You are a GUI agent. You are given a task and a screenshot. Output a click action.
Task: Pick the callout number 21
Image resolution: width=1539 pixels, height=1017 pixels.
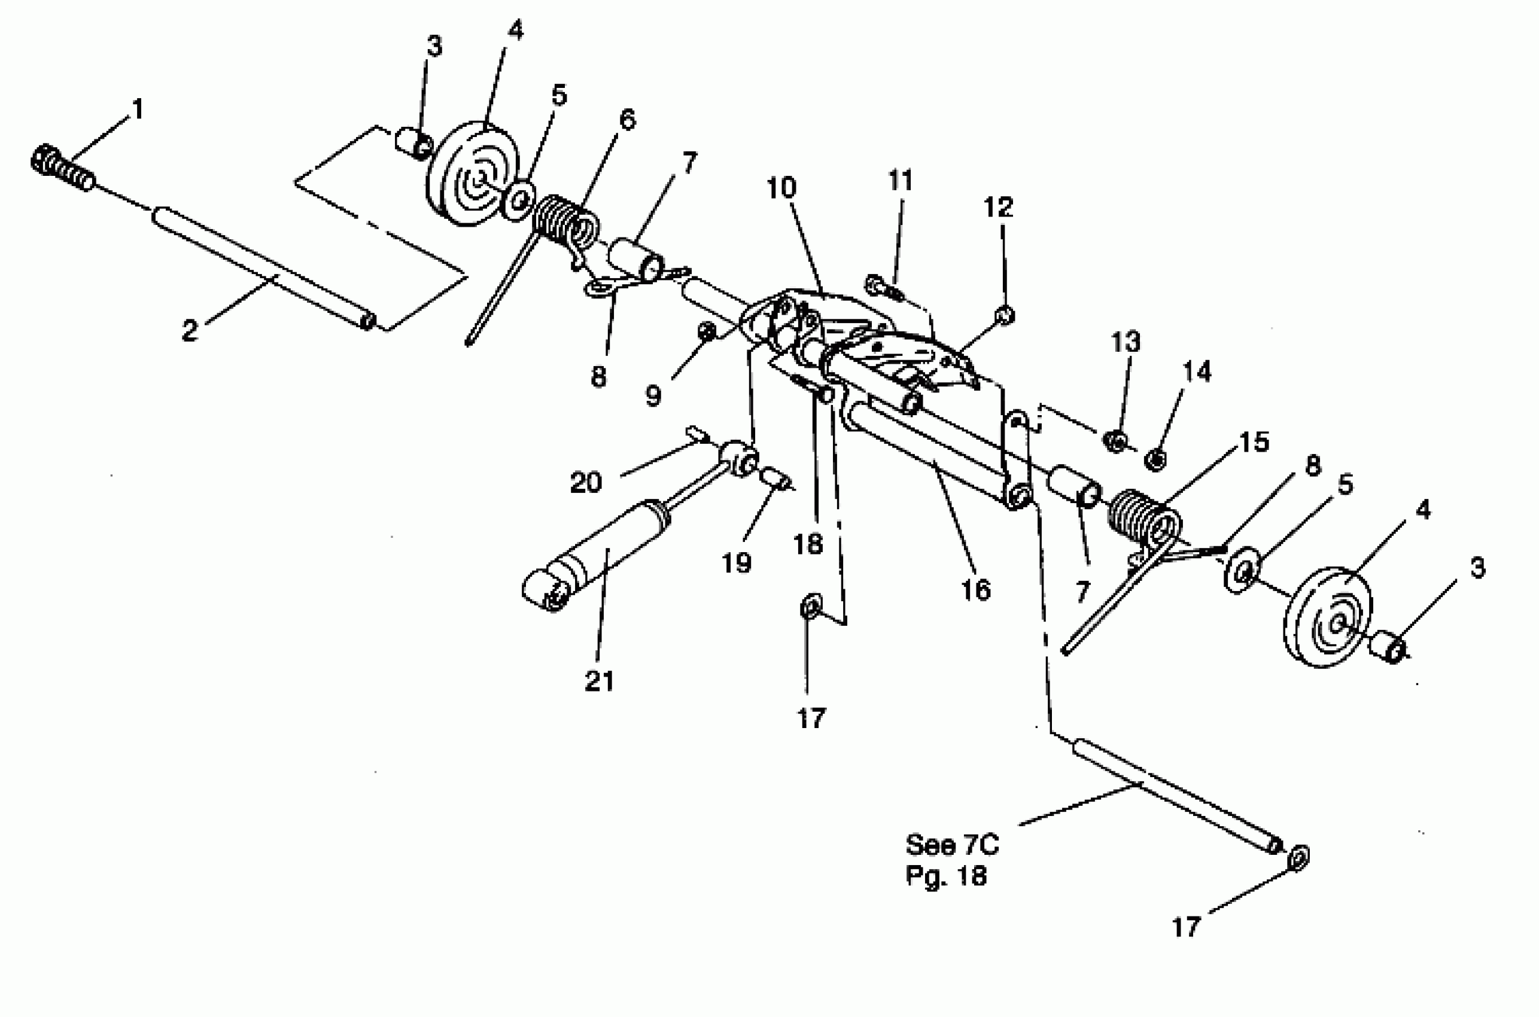pyautogui.click(x=598, y=681)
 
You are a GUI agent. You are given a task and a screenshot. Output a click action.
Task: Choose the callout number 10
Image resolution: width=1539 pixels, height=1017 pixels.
pyautogui.click(x=781, y=187)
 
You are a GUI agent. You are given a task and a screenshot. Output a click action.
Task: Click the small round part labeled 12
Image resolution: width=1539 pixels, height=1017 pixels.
pyautogui.click(x=1005, y=315)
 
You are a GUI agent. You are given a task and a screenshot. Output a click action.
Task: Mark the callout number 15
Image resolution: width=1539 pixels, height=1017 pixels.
pyautogui.click(x=1254, y=442)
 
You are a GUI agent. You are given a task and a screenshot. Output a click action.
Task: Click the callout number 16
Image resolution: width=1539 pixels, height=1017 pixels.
pyautogui.click(x=975, y=590)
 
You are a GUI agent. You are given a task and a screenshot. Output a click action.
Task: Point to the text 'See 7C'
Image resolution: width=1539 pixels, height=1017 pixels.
pyautogui.click(x=952, y=845)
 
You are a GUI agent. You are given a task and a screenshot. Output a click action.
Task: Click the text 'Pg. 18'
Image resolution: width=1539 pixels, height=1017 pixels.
pyautogui.click(x=945, y=876)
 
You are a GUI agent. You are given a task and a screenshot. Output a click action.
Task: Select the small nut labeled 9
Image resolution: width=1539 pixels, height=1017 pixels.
pyautogui.click(x=707, y=331)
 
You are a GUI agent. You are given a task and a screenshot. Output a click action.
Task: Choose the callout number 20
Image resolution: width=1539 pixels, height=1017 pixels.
pyautogui.click(x=586, y=482)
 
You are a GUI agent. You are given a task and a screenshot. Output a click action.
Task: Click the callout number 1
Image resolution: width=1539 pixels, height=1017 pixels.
pyautogui.click(x=137, y=109)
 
